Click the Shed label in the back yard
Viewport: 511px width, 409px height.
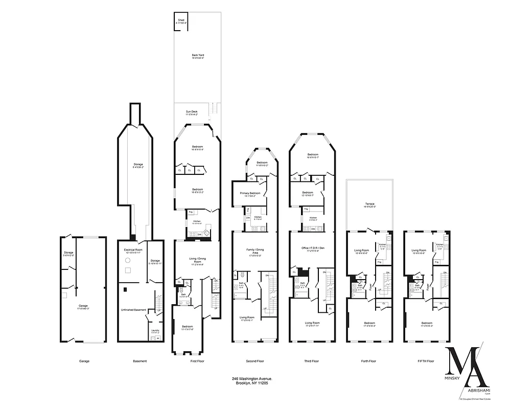[181, 20]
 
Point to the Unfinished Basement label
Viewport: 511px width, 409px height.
[132, 309]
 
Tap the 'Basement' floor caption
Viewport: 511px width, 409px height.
[140, 361]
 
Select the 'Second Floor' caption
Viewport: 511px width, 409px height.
[254, 361]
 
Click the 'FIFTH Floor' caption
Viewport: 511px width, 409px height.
[426, 361]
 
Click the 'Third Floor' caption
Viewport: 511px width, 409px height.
[312, 361]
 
